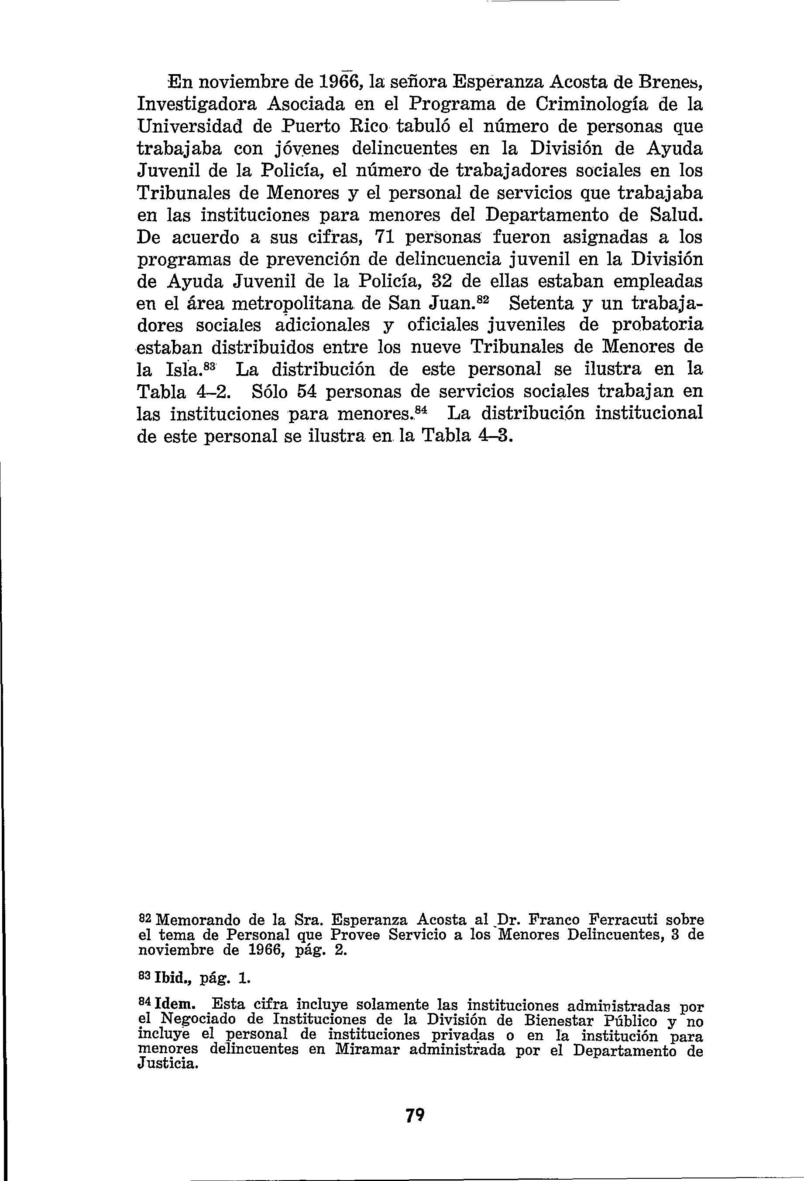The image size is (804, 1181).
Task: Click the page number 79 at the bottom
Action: pyautogui.click(x=415, y=1113)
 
